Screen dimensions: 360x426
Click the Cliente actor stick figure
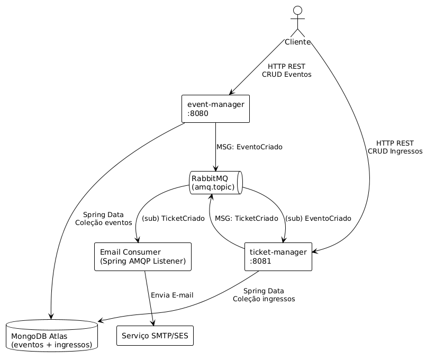pyautogui.click(x=297, y=21)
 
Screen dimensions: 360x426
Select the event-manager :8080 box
pyautogui.click(x=215, y=109)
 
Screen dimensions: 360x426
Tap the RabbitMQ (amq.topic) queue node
pyautogui.click(x=215, y=183)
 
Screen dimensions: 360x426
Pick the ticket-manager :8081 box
pyautogui.click(x=278, y=257)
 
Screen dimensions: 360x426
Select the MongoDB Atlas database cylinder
pyautogui.click(x=51, y=336)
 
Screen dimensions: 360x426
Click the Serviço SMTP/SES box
pyautogui.click(x=155, y=336)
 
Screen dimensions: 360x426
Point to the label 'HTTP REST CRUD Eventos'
pyautogui.click(x=286, y=70)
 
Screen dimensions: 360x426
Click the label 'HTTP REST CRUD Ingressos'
pyautogui.click(x=395, y=147)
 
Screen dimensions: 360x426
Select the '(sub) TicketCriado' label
pyautogui.click(x=173, y=218)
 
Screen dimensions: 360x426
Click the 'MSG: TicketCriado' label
pyautogui.click(x=246, y=218)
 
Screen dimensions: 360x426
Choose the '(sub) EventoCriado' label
pyautogui.click(x=318, y=218)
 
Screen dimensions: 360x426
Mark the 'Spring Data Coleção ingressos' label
pyautogui.click(x=264, y=295)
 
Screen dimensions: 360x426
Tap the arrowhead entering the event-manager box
pyautogui.click(x=232, y=93)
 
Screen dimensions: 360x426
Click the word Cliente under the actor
pyautogui.click(x=297, y=42)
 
